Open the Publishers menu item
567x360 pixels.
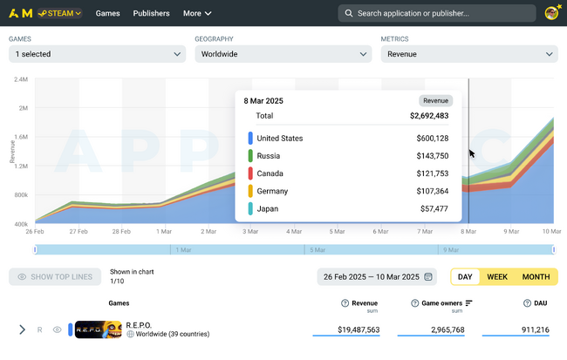(152, 13)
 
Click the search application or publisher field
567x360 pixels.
(437, 13)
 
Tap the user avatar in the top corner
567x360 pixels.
(551, 13)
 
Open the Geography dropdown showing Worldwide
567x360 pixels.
(283, 54)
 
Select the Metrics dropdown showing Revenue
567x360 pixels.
(468, 54)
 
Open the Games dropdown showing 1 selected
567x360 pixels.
(97, 54)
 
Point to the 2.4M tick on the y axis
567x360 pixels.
(21, 79)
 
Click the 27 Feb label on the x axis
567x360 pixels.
(78, 232)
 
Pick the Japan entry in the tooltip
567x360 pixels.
(267, 208)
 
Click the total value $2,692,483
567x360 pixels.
(428, 115)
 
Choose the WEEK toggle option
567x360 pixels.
(497, 277)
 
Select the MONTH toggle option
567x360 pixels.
(536, 277)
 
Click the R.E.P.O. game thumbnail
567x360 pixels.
(99, 329)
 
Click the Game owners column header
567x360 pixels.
(441, 302)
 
